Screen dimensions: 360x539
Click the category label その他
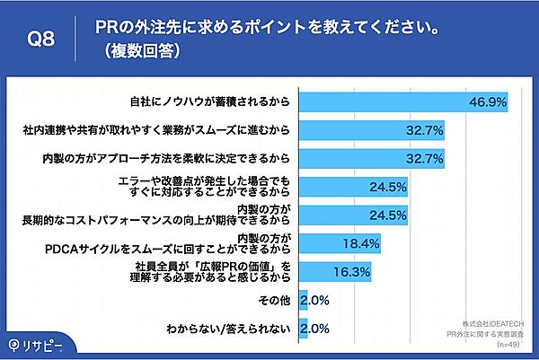click(276, 299)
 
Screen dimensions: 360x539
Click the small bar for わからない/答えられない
click(303, 328)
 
